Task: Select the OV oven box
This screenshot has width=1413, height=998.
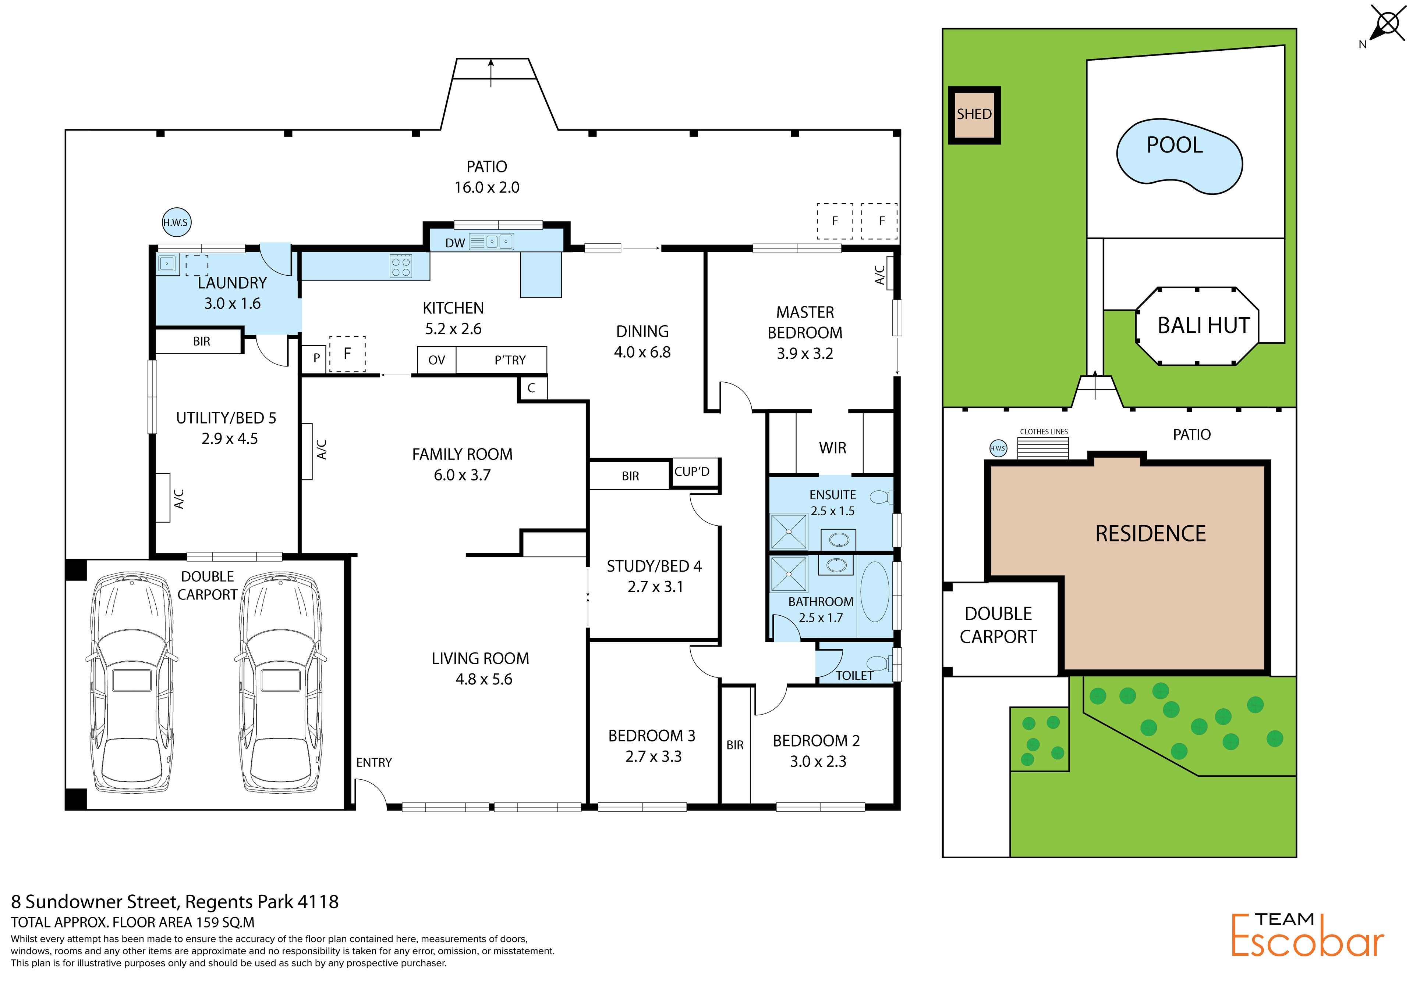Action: coord(436,360)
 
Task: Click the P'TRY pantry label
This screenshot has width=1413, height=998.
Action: coord(510,360)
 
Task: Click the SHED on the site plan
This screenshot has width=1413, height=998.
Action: coord(974,115)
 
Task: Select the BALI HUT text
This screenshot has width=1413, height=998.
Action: coord(1204,325)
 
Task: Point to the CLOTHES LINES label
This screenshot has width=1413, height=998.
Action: coord(1044,432)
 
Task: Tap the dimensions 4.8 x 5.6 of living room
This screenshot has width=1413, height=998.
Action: coord(484,679)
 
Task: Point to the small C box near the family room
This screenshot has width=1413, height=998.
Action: coord(532,388)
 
